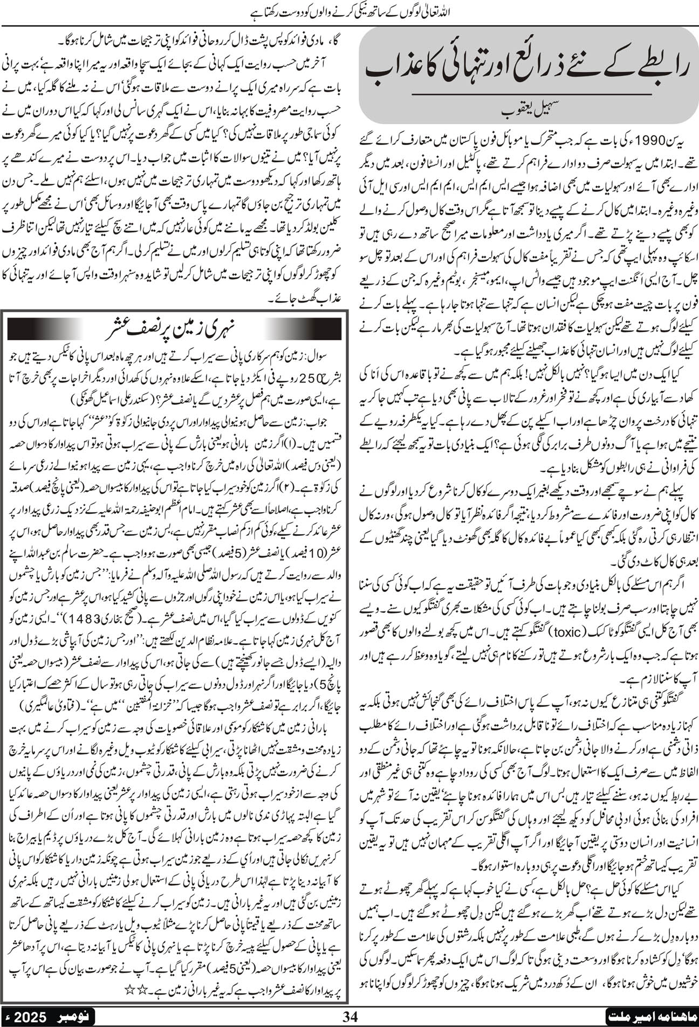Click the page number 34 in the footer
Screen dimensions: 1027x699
(x=351, y=1014)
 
